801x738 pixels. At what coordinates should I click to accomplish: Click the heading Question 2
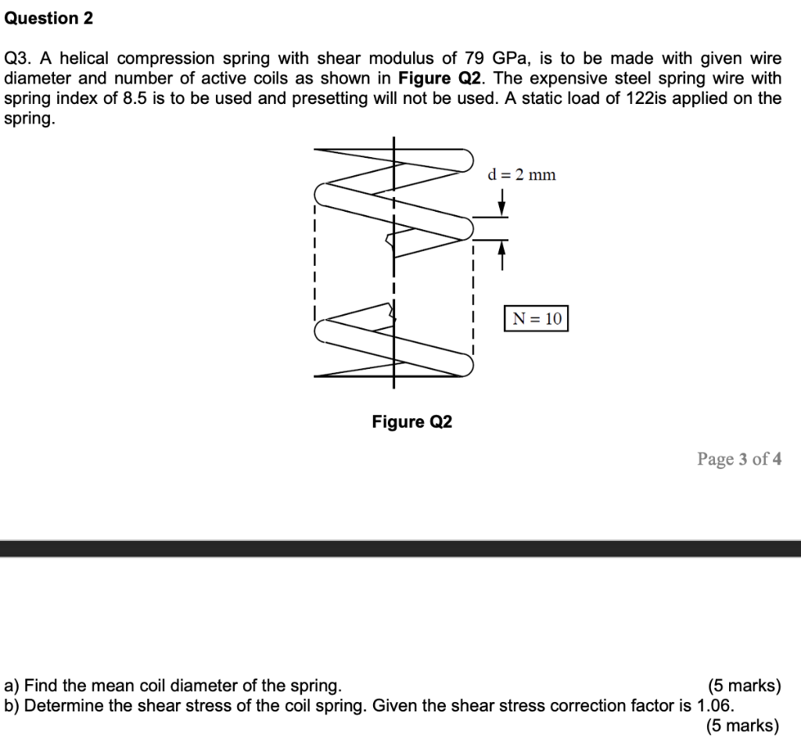[48, 19]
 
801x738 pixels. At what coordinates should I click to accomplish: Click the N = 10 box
[536, 319]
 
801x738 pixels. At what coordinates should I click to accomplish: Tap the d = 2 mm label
[522, 174]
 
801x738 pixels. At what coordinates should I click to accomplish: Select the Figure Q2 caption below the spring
[411, 422]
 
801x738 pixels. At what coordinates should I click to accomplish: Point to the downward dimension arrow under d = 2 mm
[502, 206]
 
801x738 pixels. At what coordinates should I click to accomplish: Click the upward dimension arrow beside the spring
[502, 252]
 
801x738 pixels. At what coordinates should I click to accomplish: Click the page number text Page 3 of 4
[738, 459]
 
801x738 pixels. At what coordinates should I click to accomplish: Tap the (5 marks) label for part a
[743, 686]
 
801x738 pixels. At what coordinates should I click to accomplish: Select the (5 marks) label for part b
[743, 725]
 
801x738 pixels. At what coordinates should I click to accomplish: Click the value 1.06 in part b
[714, 706]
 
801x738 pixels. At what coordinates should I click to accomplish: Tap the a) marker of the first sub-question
[12, 686]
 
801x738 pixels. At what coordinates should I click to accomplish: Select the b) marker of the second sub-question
[12, 706]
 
